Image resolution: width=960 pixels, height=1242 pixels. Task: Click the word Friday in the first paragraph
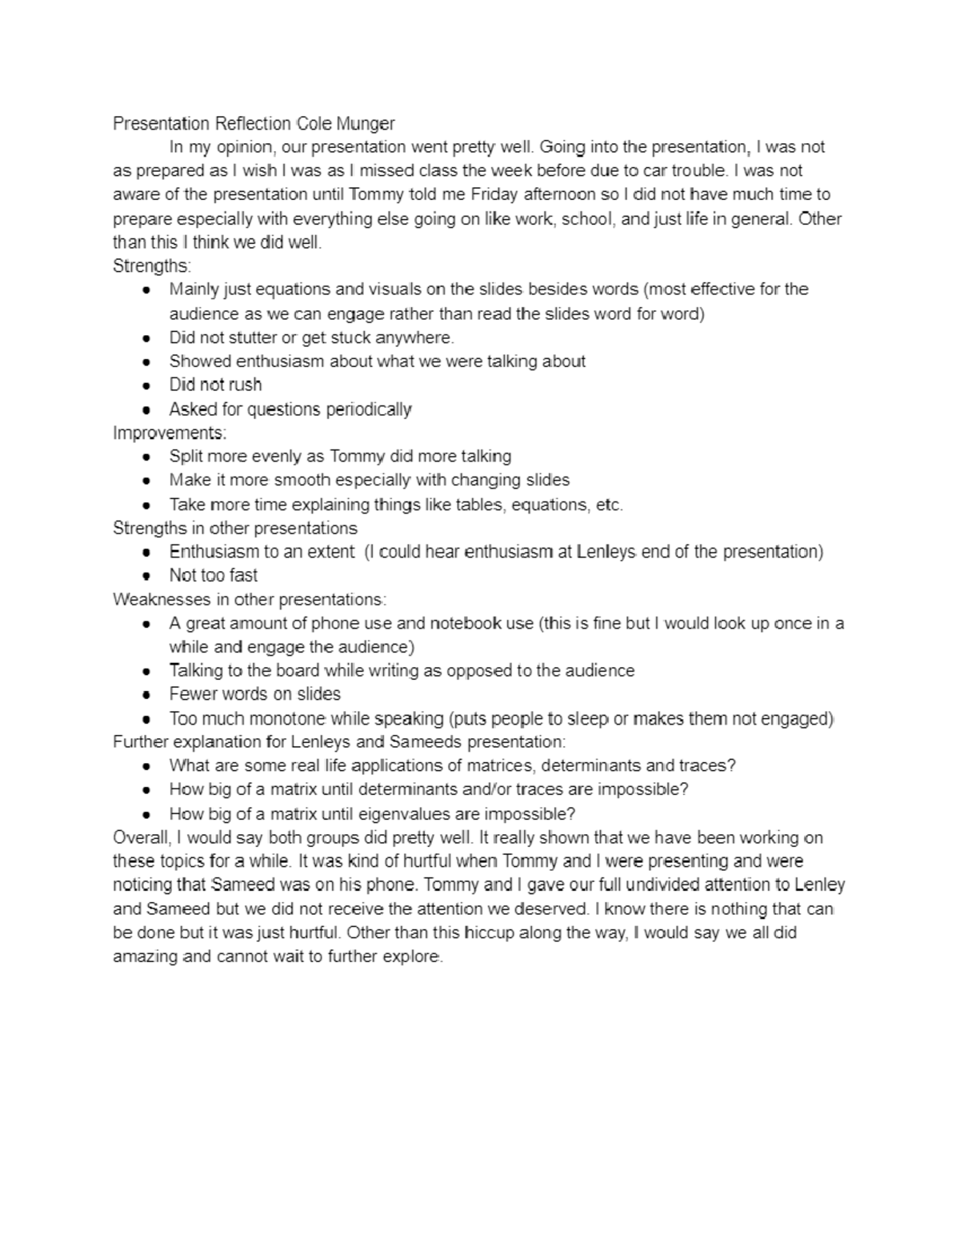(495, 194)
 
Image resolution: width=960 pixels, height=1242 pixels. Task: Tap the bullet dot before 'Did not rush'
(146, 385)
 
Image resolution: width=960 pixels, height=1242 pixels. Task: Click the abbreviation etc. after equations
(610, 505)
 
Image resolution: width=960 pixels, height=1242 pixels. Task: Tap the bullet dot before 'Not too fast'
(146, 576)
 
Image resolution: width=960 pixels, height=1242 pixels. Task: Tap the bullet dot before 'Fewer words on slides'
(146, 695)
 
